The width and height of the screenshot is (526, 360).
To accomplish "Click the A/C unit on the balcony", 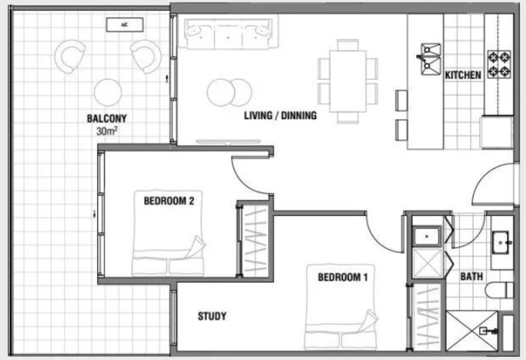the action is pyautogui.click(x=125, y=25).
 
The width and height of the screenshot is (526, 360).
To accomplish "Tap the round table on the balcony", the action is pyautogui.click(x=108, y=92).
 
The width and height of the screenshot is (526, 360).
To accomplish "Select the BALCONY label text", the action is pyautogui.click(x=106, y=118).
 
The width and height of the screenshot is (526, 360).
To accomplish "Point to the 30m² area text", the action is pyautogui.click(x=106, y=131).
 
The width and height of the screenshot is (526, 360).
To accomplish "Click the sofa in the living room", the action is pyautogui.click(x=228, y=33).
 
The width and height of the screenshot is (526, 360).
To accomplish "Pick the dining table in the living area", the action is pyautogui.click(x=348, y=81).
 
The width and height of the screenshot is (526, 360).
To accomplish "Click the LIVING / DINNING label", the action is pyautogui.click(x=280, y=115).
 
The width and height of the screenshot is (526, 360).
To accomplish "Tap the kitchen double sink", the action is pyautogui.click(x=430, y=59).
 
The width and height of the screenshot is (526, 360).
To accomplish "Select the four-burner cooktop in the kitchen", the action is pyautogui.click(x=499, y=65).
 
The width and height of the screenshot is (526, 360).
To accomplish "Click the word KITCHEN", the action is pyautogui.click(x=463, y=75).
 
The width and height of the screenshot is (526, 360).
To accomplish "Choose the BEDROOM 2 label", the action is pyautogui.click(x=169, y=201).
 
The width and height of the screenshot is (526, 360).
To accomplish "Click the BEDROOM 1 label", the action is pyautogui.click(x=343, y=277).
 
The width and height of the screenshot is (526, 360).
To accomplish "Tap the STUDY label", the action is pyautogui.click(x=212, y=316).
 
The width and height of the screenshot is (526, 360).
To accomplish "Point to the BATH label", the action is pyautogui.click(x=471, y=277).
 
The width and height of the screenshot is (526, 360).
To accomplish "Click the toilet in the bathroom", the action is pyautogui.click(x=499, y=290).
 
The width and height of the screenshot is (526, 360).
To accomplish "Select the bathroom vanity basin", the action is pyautogui.click(x=501, y=242).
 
